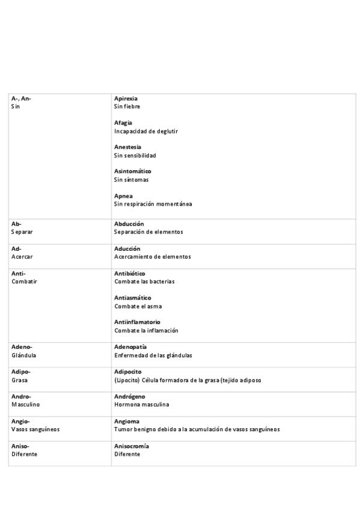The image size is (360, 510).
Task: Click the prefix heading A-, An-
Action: (x=21, y=98)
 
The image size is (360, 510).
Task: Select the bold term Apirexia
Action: (x=126, y=98)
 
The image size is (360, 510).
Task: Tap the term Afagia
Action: (x=123, y=123)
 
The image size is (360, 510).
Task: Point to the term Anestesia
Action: (x=128, y=147)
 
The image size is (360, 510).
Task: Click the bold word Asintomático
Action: (x=133, y=171)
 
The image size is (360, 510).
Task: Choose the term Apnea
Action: (x=123, y=196)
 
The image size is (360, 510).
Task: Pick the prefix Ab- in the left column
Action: (x=16, y=224)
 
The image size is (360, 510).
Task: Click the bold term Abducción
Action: (x=129, y=224)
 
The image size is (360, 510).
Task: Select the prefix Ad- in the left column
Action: (x=16, y=248)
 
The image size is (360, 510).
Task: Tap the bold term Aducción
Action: (x=127, y=248)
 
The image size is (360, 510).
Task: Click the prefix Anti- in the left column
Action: (x=18, y=274)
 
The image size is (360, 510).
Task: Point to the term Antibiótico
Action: (x=130, y=274)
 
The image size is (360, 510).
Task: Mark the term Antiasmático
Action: (x=133, y=298)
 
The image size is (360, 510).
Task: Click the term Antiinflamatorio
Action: (x=137, y=322)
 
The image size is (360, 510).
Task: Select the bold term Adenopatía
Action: (x=130, y=347)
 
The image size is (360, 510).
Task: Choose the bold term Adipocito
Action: (x=128, y=372)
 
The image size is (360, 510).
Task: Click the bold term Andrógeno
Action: (x=130, y=396)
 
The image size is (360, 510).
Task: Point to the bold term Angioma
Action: (x=126, y=421)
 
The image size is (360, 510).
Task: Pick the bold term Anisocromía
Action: (x=132, y=446)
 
